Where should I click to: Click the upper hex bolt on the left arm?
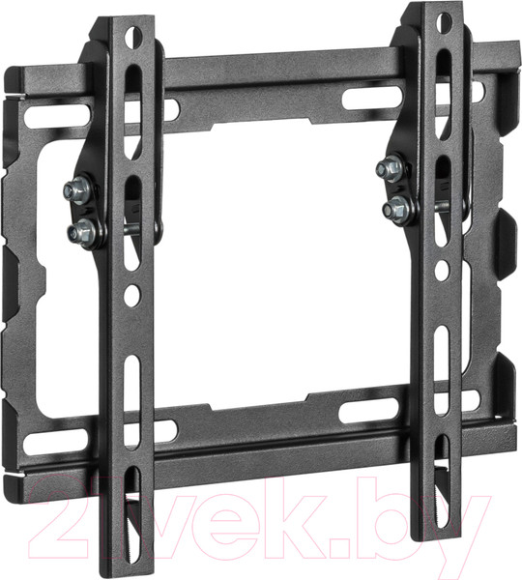coord(77,190)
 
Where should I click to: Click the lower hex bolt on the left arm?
coord(81,233)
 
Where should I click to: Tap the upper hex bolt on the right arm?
coord(390,168)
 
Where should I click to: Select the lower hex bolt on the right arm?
coord(396,210)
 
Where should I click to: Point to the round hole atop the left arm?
coord(133,37)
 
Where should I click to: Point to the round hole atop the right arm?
coord(443,23)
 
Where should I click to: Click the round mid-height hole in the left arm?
coord(131,295)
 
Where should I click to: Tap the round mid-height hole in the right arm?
coord(442,270)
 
